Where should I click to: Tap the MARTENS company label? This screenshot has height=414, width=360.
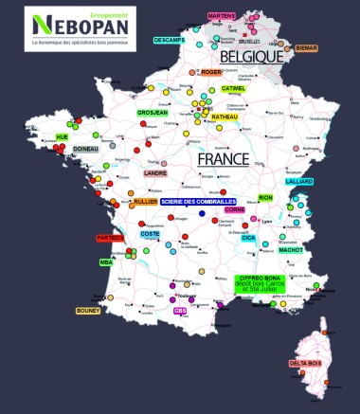click(221, 16)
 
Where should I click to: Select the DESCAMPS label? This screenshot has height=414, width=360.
click(170, 42)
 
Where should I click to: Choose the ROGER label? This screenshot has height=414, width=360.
click(210, 72)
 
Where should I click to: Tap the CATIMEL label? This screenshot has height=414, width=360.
click(232, 88)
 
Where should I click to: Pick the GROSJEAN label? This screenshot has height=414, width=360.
click(153, 112)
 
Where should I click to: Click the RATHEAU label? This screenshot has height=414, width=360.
click(225, 117)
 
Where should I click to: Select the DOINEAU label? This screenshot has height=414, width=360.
click(86, 149)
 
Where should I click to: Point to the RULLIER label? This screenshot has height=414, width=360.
click(145, 202)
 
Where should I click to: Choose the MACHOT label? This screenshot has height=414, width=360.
click(291, 250)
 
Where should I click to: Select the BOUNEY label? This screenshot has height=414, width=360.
click(87, 310)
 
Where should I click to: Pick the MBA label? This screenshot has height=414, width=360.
click(106, 261)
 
